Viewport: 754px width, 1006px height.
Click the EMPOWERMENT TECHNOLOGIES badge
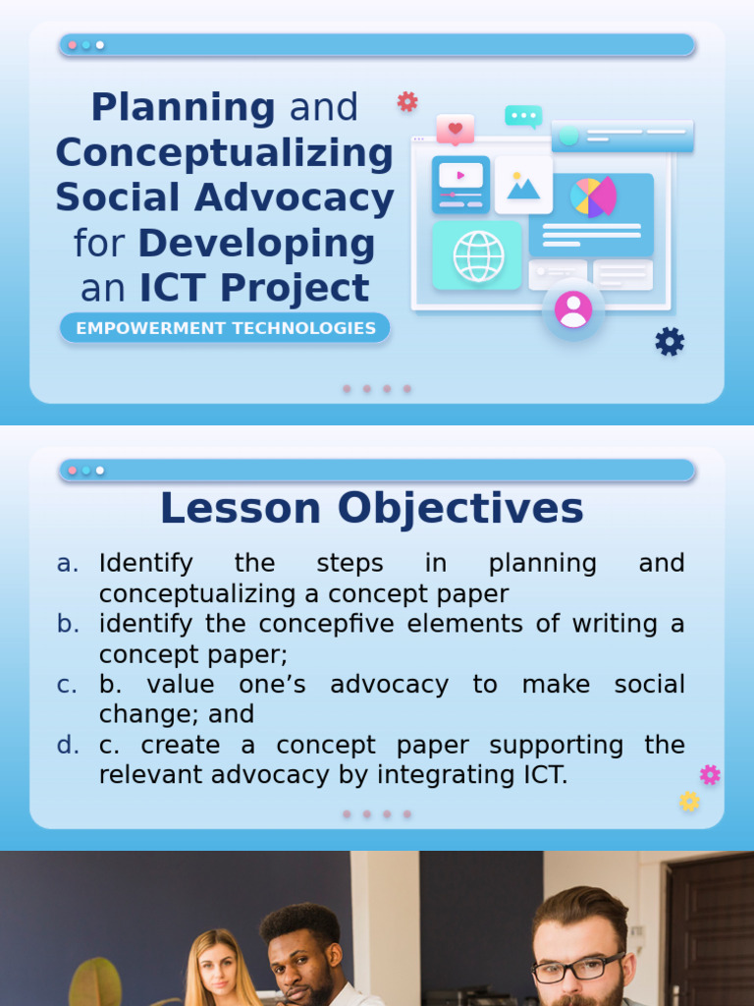pos(225,328)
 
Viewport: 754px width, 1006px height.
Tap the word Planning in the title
pos(183,107)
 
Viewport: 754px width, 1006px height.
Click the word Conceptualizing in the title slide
pos(225,152)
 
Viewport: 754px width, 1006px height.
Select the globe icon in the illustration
pos(478,255)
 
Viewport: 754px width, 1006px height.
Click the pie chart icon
pos(593,196)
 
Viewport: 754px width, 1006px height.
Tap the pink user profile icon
pos(572,309)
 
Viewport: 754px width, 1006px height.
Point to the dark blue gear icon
pos(670,342)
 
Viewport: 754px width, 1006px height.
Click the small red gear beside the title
pos(407,101)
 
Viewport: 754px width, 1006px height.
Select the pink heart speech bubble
pos(456,129)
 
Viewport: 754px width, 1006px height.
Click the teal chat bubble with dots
pos(523,116)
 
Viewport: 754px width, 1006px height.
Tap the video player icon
pos(460,184)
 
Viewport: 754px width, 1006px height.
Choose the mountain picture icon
pos(523,185)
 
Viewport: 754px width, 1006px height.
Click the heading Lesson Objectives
pos(371,509)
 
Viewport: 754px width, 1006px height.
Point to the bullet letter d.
pos(68,745)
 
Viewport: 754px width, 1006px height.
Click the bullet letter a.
pos(68,563)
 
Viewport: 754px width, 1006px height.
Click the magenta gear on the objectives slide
pos(710,774)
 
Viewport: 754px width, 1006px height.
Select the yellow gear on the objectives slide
pos(689,801)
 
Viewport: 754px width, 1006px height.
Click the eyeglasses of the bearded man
pos(577,968)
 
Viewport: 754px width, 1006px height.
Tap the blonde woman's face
pos(218,968)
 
